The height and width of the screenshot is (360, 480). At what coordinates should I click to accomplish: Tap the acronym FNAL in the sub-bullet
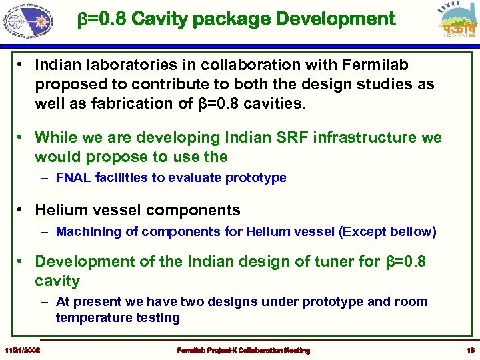[74, 177]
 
